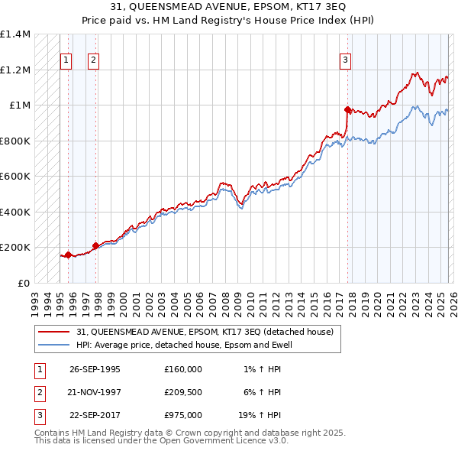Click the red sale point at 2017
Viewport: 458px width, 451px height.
tap(347, 109)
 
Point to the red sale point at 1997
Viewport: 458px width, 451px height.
tap(95, 245)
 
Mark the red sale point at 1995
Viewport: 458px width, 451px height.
tap(68, 255)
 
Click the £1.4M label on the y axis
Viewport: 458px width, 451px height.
tap(15, 35)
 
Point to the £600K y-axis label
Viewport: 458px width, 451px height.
tap(15, 177)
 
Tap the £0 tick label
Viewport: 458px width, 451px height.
tap(23, 283)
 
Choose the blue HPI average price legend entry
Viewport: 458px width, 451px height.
tap(184, 345)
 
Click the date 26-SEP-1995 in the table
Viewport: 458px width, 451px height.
tap(95, 369)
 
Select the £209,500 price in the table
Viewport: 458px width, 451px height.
tap(182, 392)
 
